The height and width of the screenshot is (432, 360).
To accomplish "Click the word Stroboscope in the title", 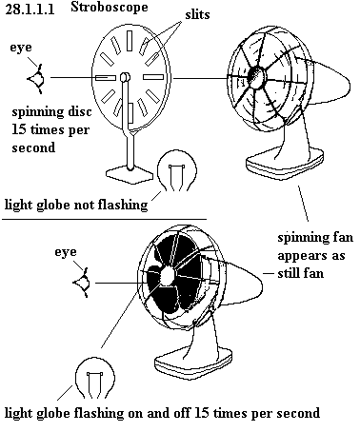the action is coord(110,7).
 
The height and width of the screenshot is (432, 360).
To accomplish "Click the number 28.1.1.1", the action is coord(30,10).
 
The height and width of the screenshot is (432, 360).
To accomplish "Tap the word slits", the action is coord(197,14).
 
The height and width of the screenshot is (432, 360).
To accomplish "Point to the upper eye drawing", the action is coord(36,79).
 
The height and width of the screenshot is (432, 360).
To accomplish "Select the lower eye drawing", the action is coord(82,283).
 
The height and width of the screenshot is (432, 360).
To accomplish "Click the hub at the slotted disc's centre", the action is coord(125,77).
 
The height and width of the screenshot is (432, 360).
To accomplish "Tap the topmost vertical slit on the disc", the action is coord(130,41).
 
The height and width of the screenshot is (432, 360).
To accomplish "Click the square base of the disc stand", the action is coord(130,174).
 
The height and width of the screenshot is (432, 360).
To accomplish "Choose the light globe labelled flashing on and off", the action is coord(94,378).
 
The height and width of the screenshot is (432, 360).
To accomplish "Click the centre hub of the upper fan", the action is coord(256,77).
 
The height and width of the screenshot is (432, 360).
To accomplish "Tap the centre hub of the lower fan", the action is coord(167,276).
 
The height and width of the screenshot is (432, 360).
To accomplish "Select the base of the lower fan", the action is coord(193,362).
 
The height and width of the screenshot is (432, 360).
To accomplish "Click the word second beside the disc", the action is coord(33,147).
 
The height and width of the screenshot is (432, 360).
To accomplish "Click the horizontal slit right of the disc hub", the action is coord(153,77).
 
